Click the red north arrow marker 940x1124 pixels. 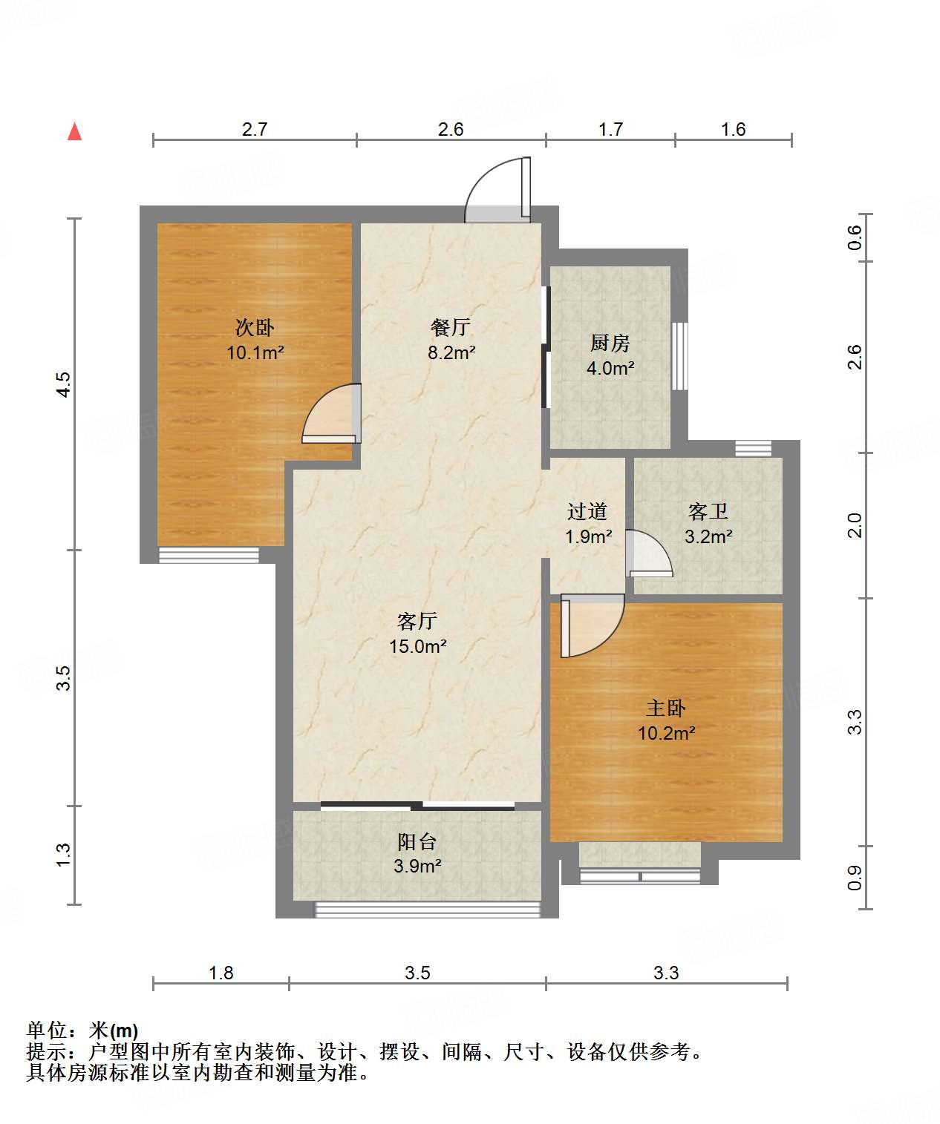pos(74,132)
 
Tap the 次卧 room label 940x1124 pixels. pos(255,327)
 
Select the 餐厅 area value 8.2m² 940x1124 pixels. pos(451,352)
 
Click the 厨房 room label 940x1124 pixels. pos(610,343)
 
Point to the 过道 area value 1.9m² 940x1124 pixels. pos(588,536)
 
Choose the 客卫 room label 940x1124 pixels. pos(708,511)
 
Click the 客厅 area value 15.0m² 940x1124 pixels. pos(418,646)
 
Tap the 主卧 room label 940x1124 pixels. pos(666,708)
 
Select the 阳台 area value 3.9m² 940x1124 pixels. pos(417,866)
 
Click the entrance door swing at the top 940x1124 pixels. pos(498,189)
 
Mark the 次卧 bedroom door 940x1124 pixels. pos(331,413)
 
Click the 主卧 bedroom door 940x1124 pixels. pos(593,625)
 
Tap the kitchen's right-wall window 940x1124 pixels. pos(680,356)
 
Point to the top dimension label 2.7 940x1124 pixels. pos(255,129)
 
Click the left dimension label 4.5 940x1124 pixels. pos(64,384)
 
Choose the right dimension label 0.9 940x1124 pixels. pos(855,878)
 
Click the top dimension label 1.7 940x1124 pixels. pos(611,129)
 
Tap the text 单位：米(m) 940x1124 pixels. pos(82,1031)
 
